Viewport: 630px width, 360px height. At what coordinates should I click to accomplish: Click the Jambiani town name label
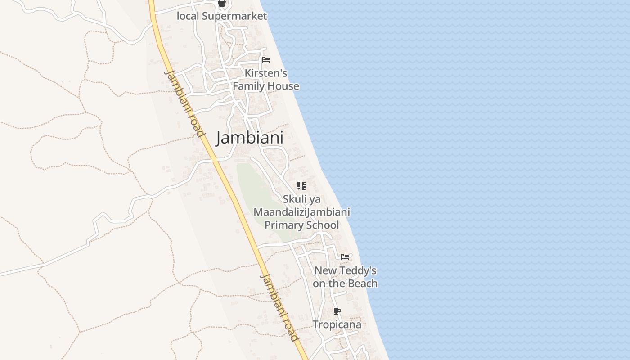coord(250,138)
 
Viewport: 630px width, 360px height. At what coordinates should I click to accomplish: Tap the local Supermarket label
coord(222,16)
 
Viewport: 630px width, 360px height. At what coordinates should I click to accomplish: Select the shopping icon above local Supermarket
coord(221,3)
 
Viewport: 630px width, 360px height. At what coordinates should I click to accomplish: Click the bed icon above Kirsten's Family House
coord(266,60)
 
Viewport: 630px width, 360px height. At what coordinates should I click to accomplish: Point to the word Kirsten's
coord(266,73)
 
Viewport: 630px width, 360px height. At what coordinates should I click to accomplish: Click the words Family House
coord(266,86)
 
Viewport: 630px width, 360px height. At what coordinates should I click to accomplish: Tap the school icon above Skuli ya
coord(301,186)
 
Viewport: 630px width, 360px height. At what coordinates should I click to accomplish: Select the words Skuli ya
coord(301,199)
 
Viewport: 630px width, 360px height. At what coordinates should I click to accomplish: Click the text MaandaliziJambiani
coord(301,212)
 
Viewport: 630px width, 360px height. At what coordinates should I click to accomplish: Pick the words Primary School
coord(301,225)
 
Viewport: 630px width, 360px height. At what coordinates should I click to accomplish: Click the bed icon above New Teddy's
coord(345,257)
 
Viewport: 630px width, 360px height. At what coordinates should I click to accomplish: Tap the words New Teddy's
coord(345,270)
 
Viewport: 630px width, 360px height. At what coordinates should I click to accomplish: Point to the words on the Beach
coord(345,283)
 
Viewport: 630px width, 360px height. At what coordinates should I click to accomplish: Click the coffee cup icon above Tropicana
coord(337,311)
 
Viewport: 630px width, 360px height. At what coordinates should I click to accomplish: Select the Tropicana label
coord(337,324)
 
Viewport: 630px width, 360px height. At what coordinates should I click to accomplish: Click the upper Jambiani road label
coord(185,103)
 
